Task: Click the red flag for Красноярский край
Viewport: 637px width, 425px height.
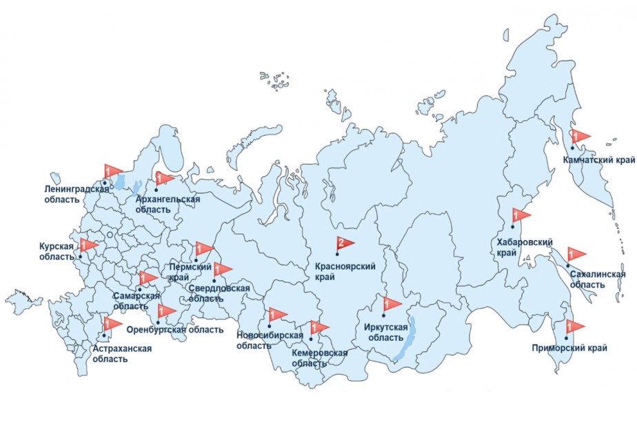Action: point(345,243)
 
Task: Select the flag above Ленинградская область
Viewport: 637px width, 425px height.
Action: point(112,171)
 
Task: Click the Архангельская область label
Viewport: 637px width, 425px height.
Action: point(168,204)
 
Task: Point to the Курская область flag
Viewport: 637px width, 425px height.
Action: point(90,245)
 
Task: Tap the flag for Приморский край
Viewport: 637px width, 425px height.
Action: point(575,326)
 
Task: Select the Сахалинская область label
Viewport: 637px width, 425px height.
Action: point(597,279)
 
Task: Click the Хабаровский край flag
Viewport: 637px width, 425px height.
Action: point(521,215)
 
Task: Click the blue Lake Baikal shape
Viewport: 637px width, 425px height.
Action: point(407,341)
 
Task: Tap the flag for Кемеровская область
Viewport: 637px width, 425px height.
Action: point(320,327)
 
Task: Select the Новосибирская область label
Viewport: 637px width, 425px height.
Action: point(270,340)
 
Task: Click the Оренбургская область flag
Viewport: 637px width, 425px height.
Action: point(167,310)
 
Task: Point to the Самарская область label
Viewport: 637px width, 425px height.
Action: point(132,301)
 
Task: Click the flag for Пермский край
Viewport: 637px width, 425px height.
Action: point(205,248)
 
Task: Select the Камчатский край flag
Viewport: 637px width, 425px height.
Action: point(581,135)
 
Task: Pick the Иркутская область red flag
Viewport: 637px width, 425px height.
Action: point(392,303)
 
